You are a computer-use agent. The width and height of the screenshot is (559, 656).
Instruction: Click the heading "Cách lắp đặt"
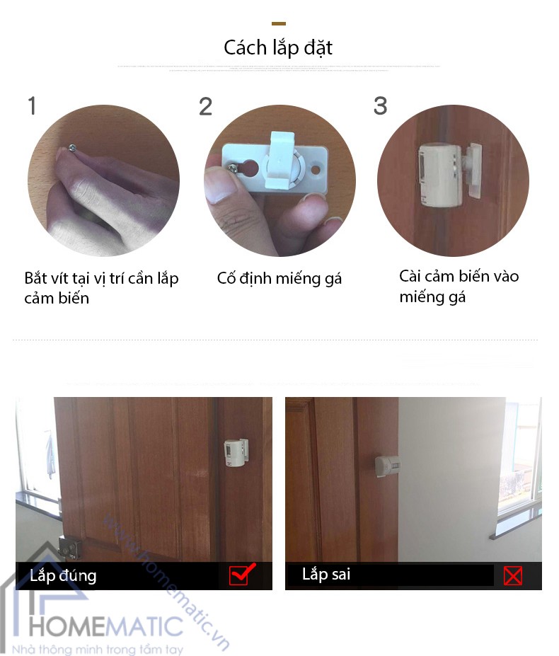click(x=278, y=47)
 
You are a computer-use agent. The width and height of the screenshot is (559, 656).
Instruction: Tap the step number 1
click(x=31, y=106)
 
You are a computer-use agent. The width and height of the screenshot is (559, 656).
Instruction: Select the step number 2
click(x=205, y=107)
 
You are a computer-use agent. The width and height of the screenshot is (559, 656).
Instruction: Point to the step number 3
click(x=380, y=106)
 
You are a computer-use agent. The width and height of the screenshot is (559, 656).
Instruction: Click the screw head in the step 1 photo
click(x=72, y=146)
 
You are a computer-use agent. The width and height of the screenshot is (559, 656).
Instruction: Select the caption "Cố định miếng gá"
click(x=279, y=279)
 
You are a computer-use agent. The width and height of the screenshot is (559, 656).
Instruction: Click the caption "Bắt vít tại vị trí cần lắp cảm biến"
click(x=101, y=287)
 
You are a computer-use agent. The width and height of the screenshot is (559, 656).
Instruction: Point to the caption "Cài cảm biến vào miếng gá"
click(x=459, y=286)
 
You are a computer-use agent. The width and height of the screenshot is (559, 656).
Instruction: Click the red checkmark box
click(x=240, y=575)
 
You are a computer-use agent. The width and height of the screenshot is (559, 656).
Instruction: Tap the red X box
click(x=512, y=575)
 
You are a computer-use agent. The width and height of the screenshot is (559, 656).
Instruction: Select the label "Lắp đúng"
click(x=63, y=575)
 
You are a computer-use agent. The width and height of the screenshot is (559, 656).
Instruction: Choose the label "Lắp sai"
click(x=326, y=574)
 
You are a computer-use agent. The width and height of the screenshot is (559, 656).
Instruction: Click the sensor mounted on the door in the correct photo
click(x=236, y=452)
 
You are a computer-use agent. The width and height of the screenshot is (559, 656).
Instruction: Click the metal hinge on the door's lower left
click(x=69, y=548)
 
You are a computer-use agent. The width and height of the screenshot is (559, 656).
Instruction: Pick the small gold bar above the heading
click(x=279, y=24)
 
